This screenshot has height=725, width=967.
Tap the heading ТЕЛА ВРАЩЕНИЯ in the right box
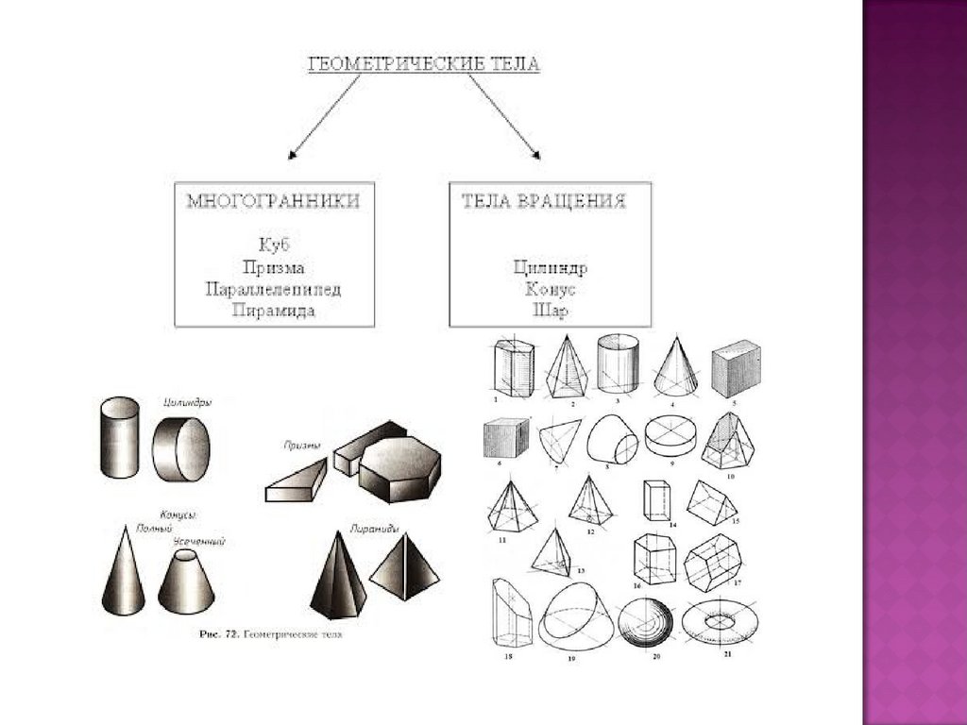(544, 202)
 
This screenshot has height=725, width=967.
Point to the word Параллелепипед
(274, 289)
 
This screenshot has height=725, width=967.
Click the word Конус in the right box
(545, 288)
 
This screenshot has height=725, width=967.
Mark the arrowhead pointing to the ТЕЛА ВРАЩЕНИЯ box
(534, 155)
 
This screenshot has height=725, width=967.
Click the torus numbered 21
(719, 620)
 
